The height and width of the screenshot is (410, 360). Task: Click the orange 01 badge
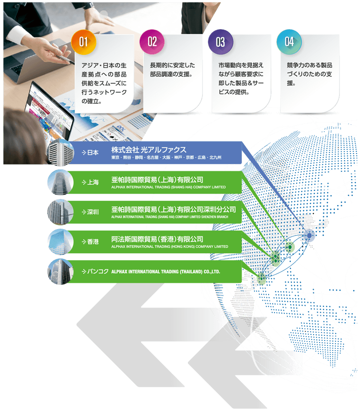pyautogui.click(x=83, y=42)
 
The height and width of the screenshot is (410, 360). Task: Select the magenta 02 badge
pyautogui.click(x=152, y=42)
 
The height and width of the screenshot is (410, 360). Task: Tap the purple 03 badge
pyautogui.click(x=220, y=42)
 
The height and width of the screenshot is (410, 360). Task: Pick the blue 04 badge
pyautogui.click(x=289, y=42)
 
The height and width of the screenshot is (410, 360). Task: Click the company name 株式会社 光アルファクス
pyautogui.click(x=149, y=150)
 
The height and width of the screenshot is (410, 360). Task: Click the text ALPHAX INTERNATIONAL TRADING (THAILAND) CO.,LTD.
pyautogui.click(x=166, y=272)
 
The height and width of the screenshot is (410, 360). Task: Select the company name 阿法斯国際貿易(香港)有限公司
pyautogui.click(x=157, y=239)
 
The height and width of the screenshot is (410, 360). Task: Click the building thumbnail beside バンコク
pyautogui.click(x=60, y=272)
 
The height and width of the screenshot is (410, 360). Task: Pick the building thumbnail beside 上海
pyautogui.click(x=60, y=182)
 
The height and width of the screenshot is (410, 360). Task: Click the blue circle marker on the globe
pyautogui.click(x=309, y=236)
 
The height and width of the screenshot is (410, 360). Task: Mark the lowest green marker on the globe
pyautogui.click(x=261, y=277)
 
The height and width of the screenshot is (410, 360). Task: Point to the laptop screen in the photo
pyautogui.click(x=51, y=109)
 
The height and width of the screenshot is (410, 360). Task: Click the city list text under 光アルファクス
pyautogui.click(x=166, y=158)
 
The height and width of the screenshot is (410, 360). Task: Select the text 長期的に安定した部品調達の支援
pyautogui.click(x=172, y=70)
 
